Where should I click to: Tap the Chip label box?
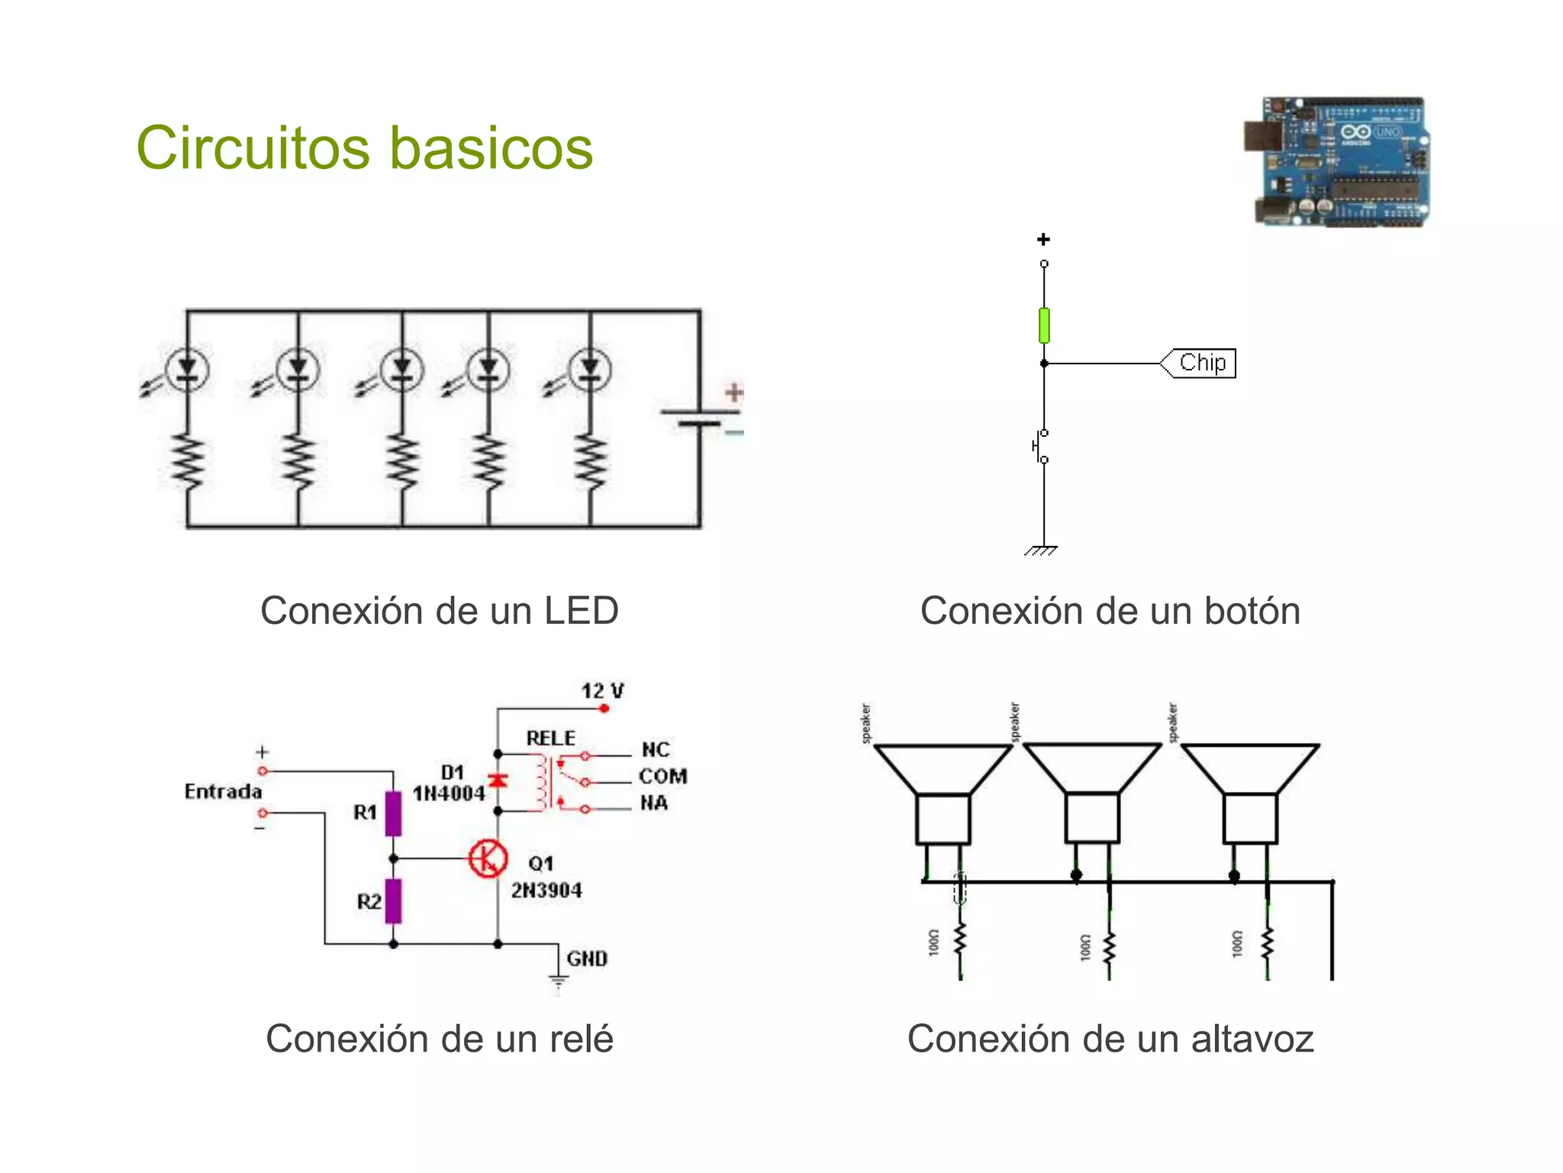(1200, 363)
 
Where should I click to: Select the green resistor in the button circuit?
(1044, 325)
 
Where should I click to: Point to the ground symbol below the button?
(1042, 550)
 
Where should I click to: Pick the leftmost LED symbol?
(187, 370)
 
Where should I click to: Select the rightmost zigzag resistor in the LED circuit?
(591, 461)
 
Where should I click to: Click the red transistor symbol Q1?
(488, 858)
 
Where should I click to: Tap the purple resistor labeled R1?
(393, 813)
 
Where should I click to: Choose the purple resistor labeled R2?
(393, 901)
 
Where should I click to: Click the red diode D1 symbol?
(498, 780)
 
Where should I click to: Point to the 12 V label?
(602, 691)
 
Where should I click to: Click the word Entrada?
(223, 791)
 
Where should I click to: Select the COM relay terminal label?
(662, 777)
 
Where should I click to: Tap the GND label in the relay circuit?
(586, 958)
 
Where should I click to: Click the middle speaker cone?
(1092, 768)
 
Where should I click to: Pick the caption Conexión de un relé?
(440, 1039)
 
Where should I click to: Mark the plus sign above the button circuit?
(1043, 240)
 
